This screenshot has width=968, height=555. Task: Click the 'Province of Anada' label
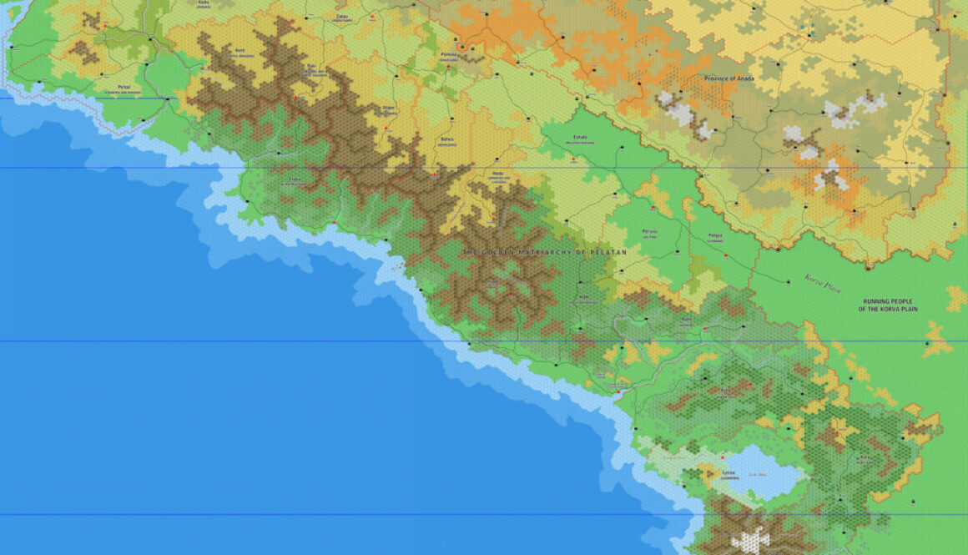[x=729, y=78]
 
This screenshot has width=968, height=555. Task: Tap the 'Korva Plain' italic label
[x=821, y=284]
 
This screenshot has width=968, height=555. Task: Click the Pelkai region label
[x=124, y=86]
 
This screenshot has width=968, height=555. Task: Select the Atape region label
[x=388, y=107]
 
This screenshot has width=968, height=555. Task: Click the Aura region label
[x=240, y=49]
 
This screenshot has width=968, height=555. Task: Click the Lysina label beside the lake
[x=729, y=472]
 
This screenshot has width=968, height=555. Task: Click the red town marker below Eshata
[x=574, y=159]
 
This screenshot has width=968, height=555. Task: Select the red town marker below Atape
[x=386, y=128]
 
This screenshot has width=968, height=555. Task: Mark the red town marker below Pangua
[x=725, y=254]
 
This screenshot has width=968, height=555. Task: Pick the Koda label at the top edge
[x=204, y=3]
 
